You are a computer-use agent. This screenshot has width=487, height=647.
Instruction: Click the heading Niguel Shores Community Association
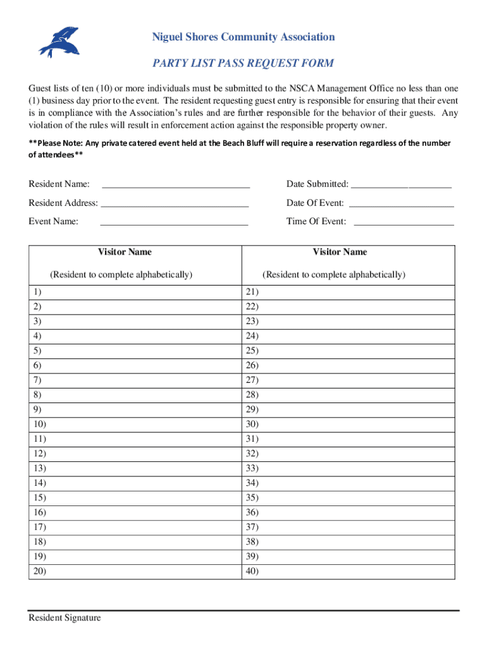[x=243, y=37]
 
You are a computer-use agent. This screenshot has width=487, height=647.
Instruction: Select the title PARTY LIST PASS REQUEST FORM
[x=243, y=63]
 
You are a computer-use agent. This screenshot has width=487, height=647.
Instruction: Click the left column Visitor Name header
[x=124, y=252]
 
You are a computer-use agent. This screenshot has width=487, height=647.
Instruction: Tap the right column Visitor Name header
[x=340, y=252]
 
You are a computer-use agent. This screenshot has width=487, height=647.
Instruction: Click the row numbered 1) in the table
[x=135, y=292]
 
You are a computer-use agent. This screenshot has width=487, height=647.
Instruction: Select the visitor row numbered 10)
[x=135, y=424]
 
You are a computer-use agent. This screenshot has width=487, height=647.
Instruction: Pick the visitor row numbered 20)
[x=135, y=571]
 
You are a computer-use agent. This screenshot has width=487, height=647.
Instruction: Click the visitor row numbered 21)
[x=348, y=292]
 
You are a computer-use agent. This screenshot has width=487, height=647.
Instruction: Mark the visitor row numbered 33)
[x=348, y=468]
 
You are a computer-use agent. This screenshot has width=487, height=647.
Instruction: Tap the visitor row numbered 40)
[x=348, y=571]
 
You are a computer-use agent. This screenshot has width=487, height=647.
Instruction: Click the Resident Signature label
[x=65, y=618]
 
